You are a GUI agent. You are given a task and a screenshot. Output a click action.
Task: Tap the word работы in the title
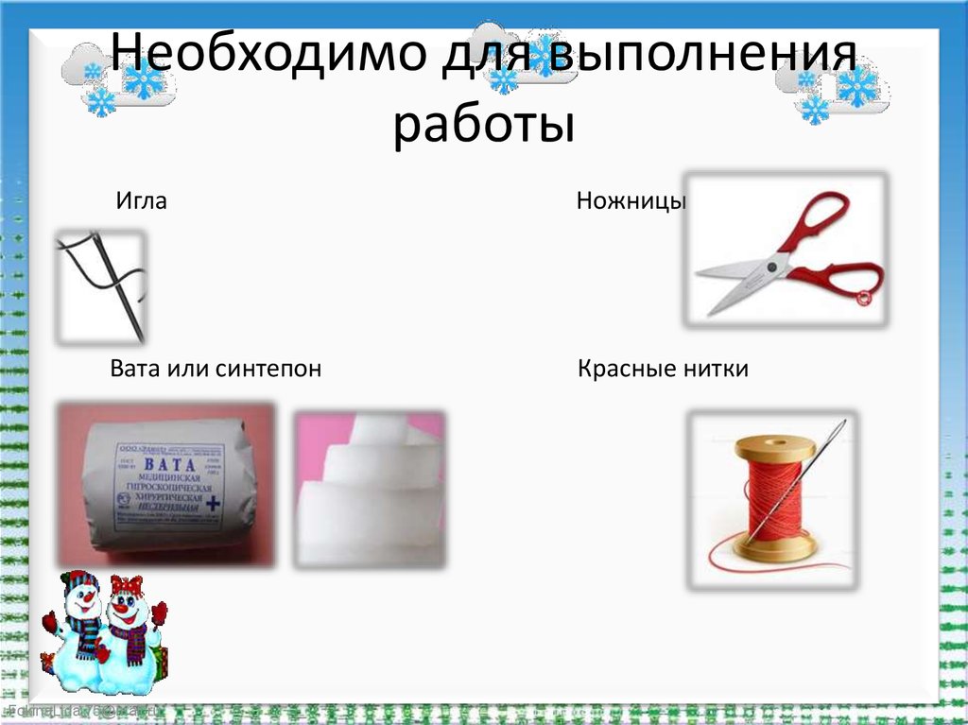[483, 126]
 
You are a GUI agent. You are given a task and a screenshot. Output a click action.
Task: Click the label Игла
[141, 201]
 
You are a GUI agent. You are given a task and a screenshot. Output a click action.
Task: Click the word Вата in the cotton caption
[135, 369]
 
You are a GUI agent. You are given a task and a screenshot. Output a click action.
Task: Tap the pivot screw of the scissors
[777, 267]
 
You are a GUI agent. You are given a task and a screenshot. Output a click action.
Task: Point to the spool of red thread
[772, 496]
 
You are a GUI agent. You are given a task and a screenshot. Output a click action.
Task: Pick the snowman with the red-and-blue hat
[79, 624]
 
